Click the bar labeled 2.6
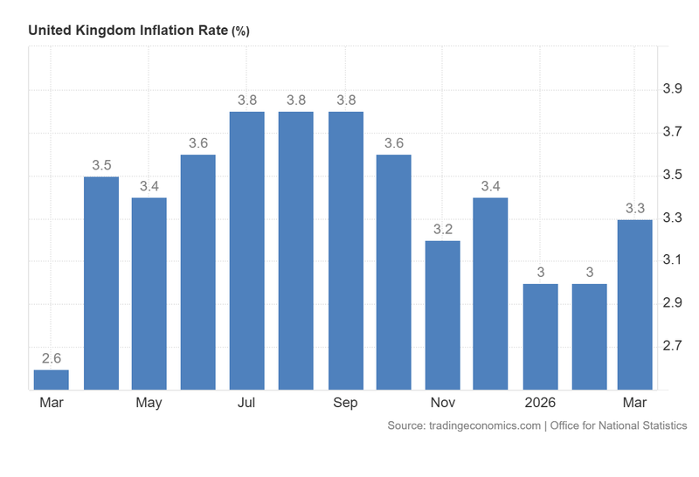click(x=52, y=379)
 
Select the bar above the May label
click(x=149, y=294)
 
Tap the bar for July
click(x=247, y=251)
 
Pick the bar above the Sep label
click(x=345, y=251)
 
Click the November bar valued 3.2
click(x=443, y=315)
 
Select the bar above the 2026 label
click(x=541, y=336)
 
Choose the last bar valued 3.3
click(x=635, y=304)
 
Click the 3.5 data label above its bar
click(x=100, y=164)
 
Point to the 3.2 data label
click(x=443, y=229)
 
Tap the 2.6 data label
click(x=52, y=357)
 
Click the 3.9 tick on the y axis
click(x=672, y=89)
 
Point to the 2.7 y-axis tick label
click(x=672, y=346)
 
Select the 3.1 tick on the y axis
click(x=672, y=260)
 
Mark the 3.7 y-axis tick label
click(x=672, y=132)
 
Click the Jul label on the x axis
click(x=247, y=403)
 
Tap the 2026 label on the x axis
click(x=541, y=403)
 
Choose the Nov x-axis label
click(x=443, y=403)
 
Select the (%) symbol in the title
click(x=240, y=31)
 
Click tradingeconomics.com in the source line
click(x=484, y=425)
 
